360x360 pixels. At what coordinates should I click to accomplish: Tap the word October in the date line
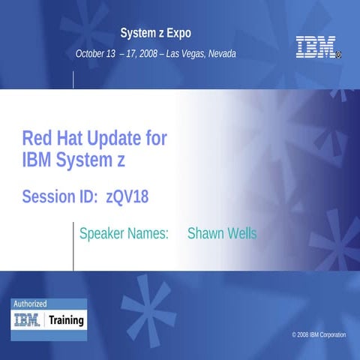pos(92,54)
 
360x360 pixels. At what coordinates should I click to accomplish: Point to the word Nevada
pos(220,54)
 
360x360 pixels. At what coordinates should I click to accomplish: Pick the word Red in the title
pos(34,139)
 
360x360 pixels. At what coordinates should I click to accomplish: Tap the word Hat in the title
pos(67,139)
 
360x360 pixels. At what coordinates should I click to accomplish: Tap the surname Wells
pos(242,234)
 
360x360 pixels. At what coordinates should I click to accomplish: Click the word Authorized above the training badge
pos(29,304)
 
